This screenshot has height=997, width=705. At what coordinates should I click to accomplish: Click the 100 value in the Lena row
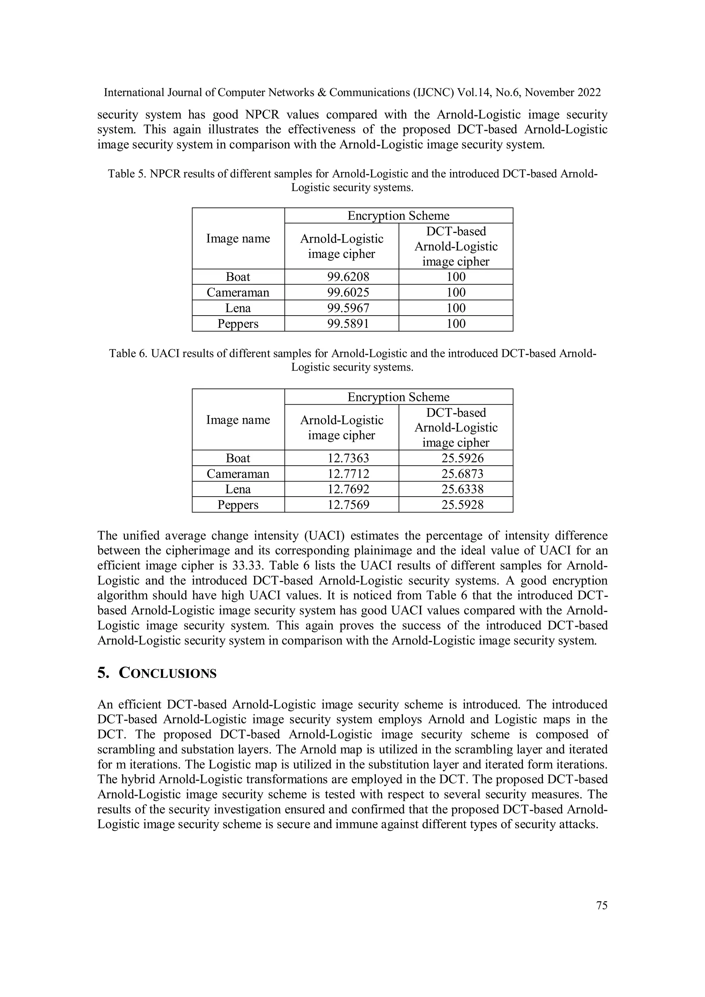click(456, 308)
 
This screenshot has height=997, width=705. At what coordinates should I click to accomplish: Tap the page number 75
click(602, 905)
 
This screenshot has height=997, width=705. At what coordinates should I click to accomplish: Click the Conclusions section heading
click(157, 673)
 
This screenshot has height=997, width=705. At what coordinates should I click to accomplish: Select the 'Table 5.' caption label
click(127, 174)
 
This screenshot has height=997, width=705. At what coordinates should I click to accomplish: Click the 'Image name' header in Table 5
click(238, 238)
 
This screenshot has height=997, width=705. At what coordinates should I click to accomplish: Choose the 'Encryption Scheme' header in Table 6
click(398, 397)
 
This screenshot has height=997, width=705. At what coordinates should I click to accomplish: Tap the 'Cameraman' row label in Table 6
click(238, 474)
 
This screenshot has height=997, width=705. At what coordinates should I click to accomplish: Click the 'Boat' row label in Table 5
click(238, 277)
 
